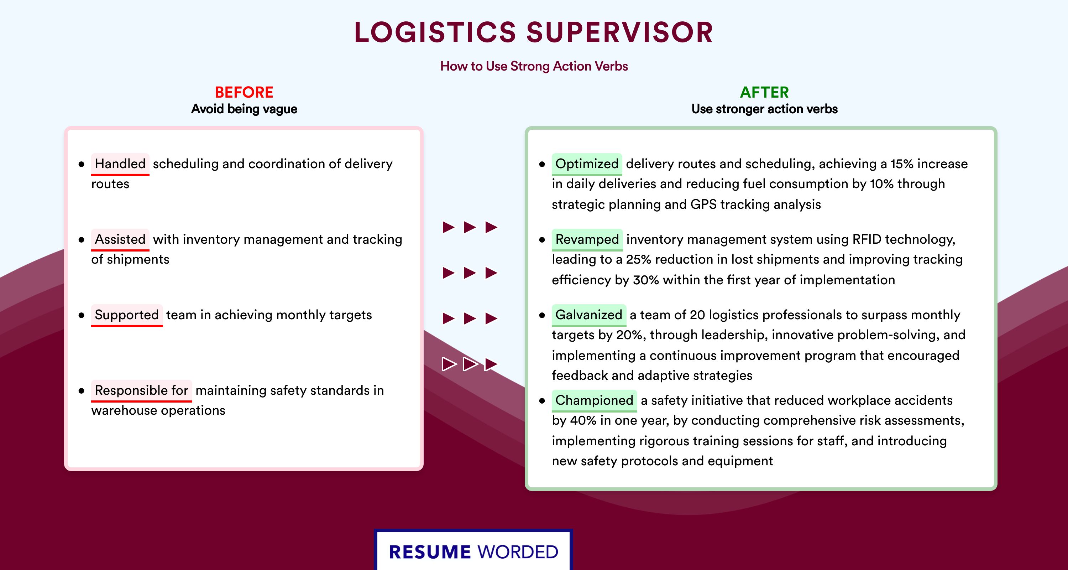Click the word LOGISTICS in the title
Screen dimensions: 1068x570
click(x=435, y=32)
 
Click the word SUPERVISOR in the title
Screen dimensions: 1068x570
click(x=620, y=32)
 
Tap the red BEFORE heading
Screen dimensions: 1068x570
click(x=244, y=92)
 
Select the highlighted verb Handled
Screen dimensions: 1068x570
click(x=120, y=164)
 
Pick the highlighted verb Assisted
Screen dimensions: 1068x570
click(x=120, y=239)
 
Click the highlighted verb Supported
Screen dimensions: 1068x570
click(x=127, y=315)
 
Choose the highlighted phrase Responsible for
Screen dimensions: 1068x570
click(x=141, y=390)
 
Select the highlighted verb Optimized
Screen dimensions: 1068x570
click(x=587, y=164)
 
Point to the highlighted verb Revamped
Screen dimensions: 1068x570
click(x=587, y=239)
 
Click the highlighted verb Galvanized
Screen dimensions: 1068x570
click(x=589, y=315)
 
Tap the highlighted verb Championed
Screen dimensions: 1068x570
click(x=594, y=400)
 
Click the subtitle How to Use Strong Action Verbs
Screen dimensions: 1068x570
click(x=534, y=66)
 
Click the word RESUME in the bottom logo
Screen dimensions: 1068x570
click(x=430, y=552)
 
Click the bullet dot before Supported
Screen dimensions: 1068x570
click(x=81, y=316)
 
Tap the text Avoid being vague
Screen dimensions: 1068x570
click(x=244, y=109)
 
